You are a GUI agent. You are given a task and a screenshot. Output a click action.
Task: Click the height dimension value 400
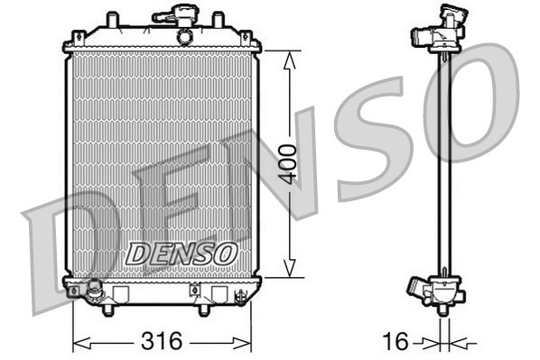(287, 163)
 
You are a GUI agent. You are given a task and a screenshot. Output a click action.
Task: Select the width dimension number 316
(163, 341)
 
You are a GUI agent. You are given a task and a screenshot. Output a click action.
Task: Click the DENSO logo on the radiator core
(181, 254)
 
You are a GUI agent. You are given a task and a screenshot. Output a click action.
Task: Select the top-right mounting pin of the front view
(218, 20)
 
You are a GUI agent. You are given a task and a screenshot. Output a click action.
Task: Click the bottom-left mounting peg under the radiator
(108, 309)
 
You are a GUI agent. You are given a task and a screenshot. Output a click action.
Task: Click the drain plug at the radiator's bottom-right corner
(239, 295)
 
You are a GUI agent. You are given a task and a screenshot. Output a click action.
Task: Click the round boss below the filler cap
(184, 37)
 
